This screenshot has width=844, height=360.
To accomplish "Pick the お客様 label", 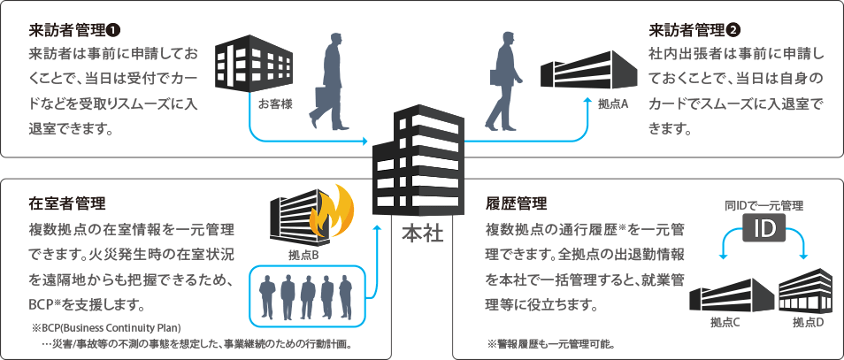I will pos(275,103).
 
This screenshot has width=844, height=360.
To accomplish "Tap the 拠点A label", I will pos(612,103).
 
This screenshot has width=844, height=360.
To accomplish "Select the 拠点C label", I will pos(725,322).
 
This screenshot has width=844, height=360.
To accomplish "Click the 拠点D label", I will pos(808,322).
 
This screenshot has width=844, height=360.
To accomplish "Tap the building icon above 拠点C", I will pos(728,295).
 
